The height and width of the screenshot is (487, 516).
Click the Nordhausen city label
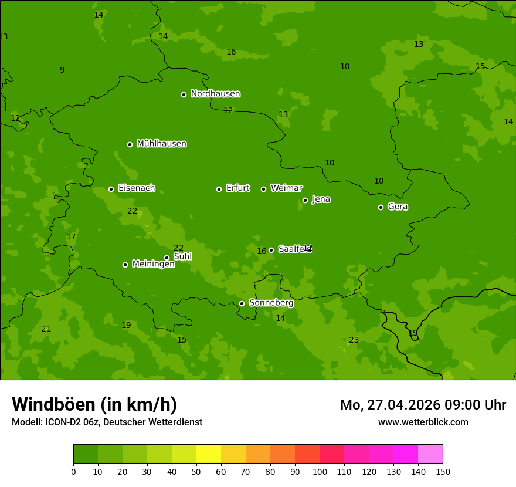click(215, 94)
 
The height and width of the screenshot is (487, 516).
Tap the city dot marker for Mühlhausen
click(130, 144)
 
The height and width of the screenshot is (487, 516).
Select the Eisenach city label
click(137, 188)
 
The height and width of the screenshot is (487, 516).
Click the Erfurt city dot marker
click(219, 189)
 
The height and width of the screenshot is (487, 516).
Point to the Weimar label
click(286, 188)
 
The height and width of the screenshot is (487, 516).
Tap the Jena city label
click(321, 199)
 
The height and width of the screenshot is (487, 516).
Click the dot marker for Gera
click(381, 207)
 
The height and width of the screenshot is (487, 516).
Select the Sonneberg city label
click(271, 303)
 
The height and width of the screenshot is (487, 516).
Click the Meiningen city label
click(153, 264)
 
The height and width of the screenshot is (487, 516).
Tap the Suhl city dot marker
click(167, 258)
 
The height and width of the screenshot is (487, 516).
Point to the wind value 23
click(354, 340)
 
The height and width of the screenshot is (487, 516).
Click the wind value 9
click(62, 70)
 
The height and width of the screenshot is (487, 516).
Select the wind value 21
click(46, 329)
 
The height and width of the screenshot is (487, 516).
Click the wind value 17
click(71, 237)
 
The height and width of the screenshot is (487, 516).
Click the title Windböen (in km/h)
click(94, 404)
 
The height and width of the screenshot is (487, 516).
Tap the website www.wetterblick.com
click(423, 422)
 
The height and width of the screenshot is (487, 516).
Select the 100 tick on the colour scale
click(320, 471)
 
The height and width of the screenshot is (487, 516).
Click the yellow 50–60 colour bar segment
click(209, 454)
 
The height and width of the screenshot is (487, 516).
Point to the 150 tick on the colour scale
click(443, 471)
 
